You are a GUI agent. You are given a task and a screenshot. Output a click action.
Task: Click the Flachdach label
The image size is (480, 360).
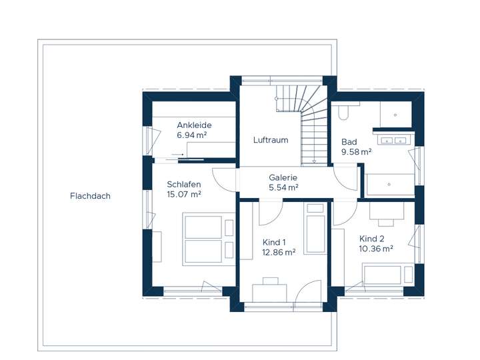[89, 196]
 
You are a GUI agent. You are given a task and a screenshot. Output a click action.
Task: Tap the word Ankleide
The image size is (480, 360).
[194, 125]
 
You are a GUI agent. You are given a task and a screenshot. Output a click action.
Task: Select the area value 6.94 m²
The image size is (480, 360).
[192, 135]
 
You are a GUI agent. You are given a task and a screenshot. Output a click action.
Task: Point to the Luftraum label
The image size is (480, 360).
[271, 140]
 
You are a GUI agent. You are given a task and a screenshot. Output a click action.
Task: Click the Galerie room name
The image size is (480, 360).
[283, 178]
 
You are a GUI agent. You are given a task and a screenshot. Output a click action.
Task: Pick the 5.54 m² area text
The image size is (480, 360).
[283, 188]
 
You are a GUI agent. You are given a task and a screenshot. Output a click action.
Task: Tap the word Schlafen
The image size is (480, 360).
[184, 185]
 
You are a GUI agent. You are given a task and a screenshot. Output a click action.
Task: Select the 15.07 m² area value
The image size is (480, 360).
[184, 195]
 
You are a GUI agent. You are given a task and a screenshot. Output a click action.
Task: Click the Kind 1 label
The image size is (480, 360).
[274, 242]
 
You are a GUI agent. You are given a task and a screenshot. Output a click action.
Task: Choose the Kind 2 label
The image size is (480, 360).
[372, 239]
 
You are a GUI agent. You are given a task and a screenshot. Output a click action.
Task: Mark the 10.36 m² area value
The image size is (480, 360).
[376, 249]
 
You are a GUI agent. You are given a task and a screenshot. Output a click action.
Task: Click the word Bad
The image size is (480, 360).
[349, 142]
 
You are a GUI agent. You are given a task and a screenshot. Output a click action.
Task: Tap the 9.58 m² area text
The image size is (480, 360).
[357, 152]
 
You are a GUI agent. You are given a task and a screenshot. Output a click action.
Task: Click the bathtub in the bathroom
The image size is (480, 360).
[390, 184]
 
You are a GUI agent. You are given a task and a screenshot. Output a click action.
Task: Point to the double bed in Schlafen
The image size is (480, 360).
[203, 239]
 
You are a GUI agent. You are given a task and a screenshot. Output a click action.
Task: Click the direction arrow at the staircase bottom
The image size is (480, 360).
[313, 161]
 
